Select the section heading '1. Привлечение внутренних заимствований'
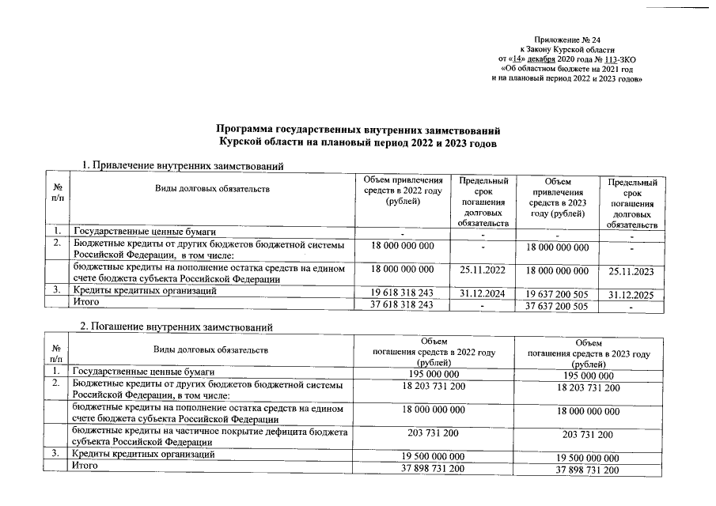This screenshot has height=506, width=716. [x=183, y=164]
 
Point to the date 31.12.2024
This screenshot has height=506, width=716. [x=482, y=292]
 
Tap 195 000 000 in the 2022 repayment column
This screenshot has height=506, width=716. [x=434, y=372]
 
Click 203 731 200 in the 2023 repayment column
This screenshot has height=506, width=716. [x=587, y=435]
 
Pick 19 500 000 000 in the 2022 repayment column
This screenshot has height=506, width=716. [x=434, y=456]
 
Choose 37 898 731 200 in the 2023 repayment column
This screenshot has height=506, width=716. [x=587, y=470]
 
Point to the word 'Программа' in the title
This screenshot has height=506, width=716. [x=244, y=129]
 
